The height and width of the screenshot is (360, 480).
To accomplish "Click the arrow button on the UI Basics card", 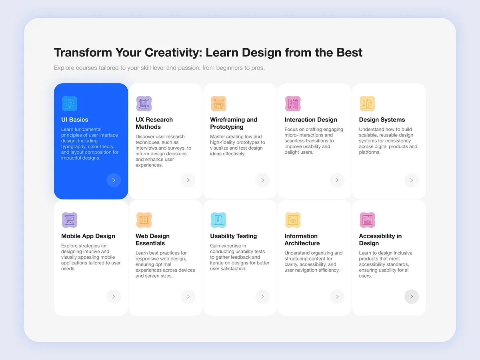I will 114,180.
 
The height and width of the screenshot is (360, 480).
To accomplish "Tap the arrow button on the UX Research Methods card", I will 188,180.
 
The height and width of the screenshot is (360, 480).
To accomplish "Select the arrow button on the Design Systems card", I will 412,180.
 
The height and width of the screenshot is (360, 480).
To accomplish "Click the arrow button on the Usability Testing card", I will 262,297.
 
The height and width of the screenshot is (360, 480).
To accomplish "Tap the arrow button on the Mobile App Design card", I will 114,297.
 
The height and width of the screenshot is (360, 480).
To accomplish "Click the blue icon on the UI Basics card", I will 70,104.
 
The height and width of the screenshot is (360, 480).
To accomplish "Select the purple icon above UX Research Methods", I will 144,104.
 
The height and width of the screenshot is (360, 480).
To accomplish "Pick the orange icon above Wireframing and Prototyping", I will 218,104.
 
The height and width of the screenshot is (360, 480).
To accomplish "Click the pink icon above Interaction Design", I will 293,104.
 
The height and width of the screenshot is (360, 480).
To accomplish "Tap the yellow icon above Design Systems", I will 367,104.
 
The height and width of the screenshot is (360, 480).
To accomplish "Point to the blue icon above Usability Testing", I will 218,220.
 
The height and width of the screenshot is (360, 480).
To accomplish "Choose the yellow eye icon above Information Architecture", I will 293,220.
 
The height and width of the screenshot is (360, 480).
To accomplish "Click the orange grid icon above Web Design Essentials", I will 144,220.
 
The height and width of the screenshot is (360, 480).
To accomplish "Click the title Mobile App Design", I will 88,236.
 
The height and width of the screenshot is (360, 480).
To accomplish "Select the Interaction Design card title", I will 311,120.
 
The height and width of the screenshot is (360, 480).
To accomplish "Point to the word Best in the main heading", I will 350,52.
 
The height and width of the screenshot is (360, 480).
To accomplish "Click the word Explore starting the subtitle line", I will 64,68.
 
